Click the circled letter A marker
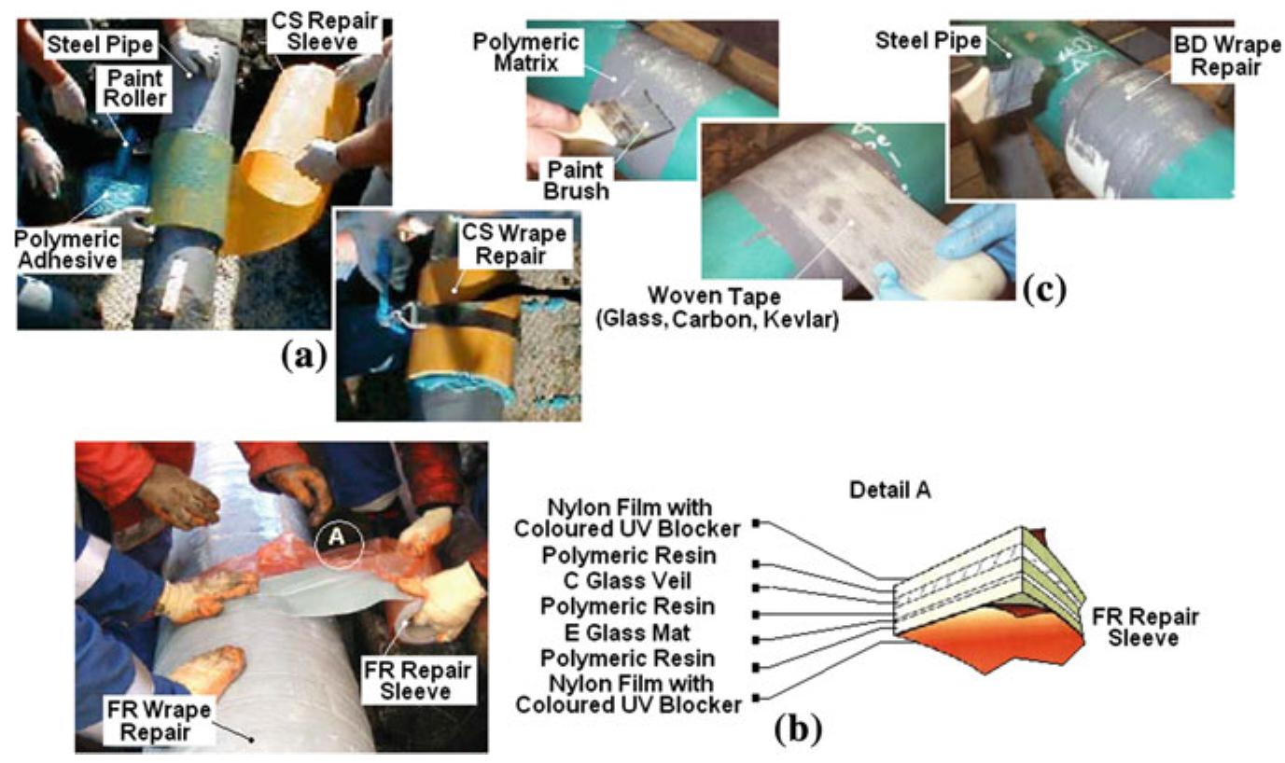point(336,539)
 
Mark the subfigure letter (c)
point(1044,289)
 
